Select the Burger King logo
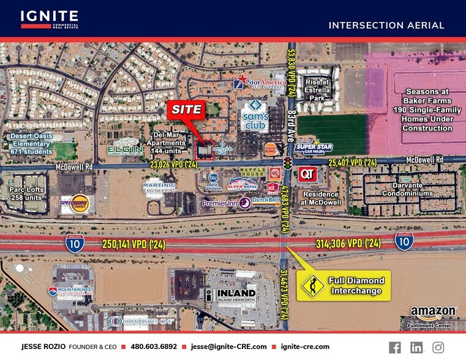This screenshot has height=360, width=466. (x=271, y=149)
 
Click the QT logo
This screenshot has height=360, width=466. (x=307, y=174)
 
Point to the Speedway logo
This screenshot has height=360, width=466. (x=73, y=203)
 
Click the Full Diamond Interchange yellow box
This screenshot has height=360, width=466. (x=343, y=285)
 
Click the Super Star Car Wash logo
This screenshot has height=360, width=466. (x=313, y=147)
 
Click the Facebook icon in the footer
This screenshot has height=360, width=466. (x=395, y=347)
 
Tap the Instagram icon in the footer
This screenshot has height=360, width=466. (x=438, y=347)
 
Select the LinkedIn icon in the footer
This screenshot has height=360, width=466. (x=416, y=347)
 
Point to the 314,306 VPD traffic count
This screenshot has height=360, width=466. (x=348, y=244)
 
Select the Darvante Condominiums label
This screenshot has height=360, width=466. (x=407, y=189)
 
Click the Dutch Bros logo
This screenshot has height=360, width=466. (x=267, y=200)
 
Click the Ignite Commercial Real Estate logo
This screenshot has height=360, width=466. (x=49, y=19)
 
